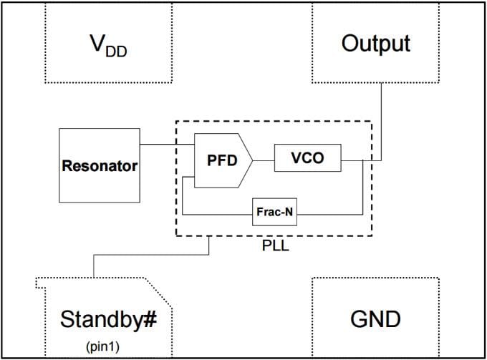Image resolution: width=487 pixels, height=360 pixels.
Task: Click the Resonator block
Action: pyautogui.click(x=99, y=165)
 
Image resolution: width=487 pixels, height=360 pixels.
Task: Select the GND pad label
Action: pyautogui.click(x=375, y=318)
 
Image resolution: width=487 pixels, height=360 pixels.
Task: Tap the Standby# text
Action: pyautogui.click(x=107, y=318)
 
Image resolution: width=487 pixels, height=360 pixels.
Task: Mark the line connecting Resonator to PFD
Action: pyautogui.click(x=167, y=145)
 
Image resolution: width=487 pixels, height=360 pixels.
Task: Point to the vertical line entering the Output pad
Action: pyautogui.click(x=381, y=118)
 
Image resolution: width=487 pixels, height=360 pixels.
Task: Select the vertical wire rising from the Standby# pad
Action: pyautogui.click(x=93, y=265)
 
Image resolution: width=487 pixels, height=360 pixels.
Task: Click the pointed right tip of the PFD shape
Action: pyautogui.click(x=251, y=160)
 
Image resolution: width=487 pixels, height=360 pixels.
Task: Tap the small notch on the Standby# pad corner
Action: pyautogui.click(x=40, y=283)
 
